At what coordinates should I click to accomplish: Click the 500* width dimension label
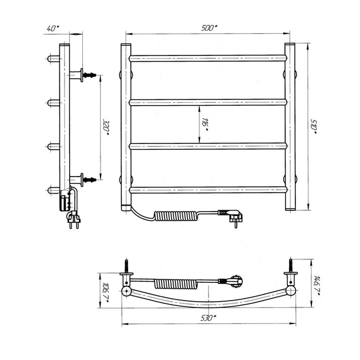209,28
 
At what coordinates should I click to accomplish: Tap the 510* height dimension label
314,126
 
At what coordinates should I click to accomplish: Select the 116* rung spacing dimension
205,125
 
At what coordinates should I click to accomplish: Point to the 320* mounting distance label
106,127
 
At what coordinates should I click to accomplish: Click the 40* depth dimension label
53,29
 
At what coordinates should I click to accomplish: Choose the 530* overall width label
209,318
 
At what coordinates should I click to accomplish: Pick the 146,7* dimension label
317,285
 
